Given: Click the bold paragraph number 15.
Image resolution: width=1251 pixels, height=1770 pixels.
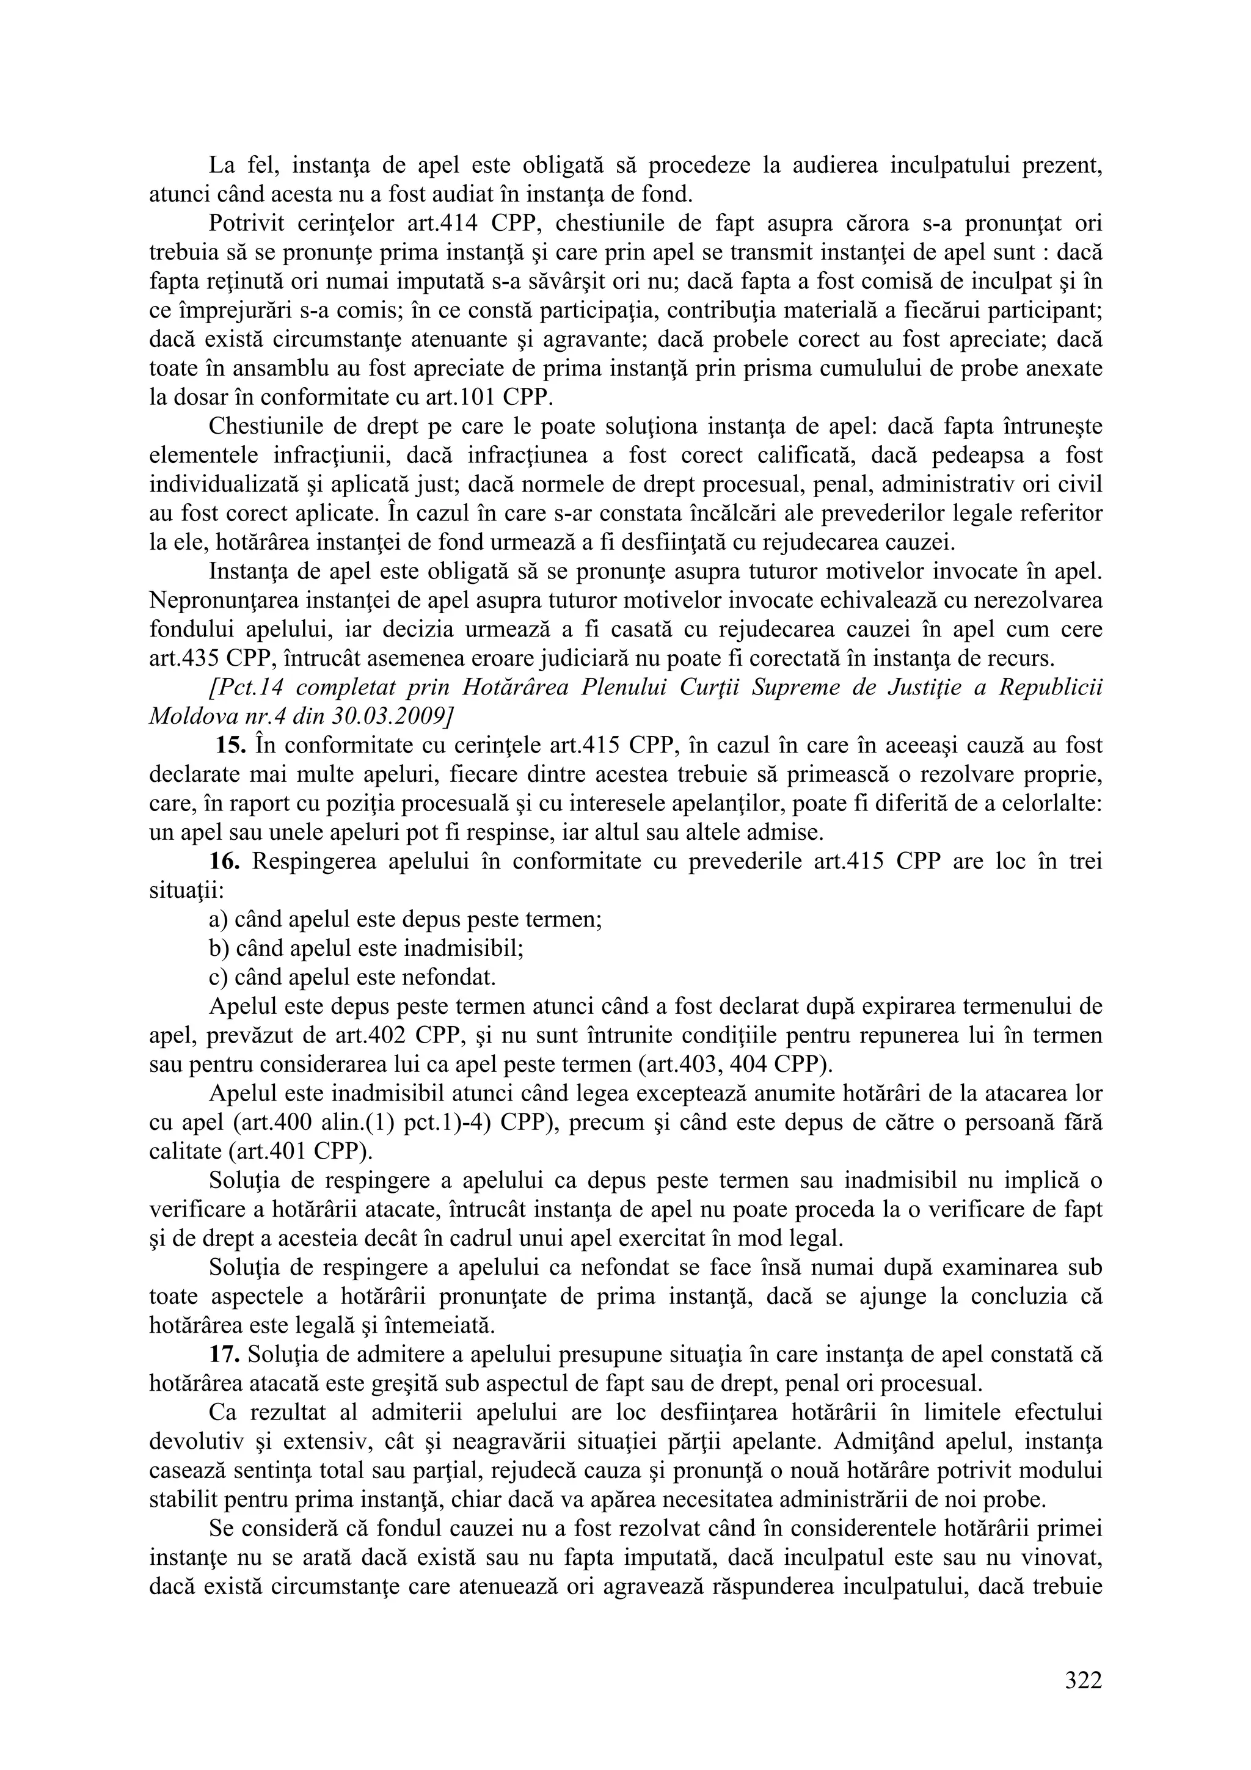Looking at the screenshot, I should point(230,746).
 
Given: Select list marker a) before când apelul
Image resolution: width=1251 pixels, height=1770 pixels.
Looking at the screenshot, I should point(217,919).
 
